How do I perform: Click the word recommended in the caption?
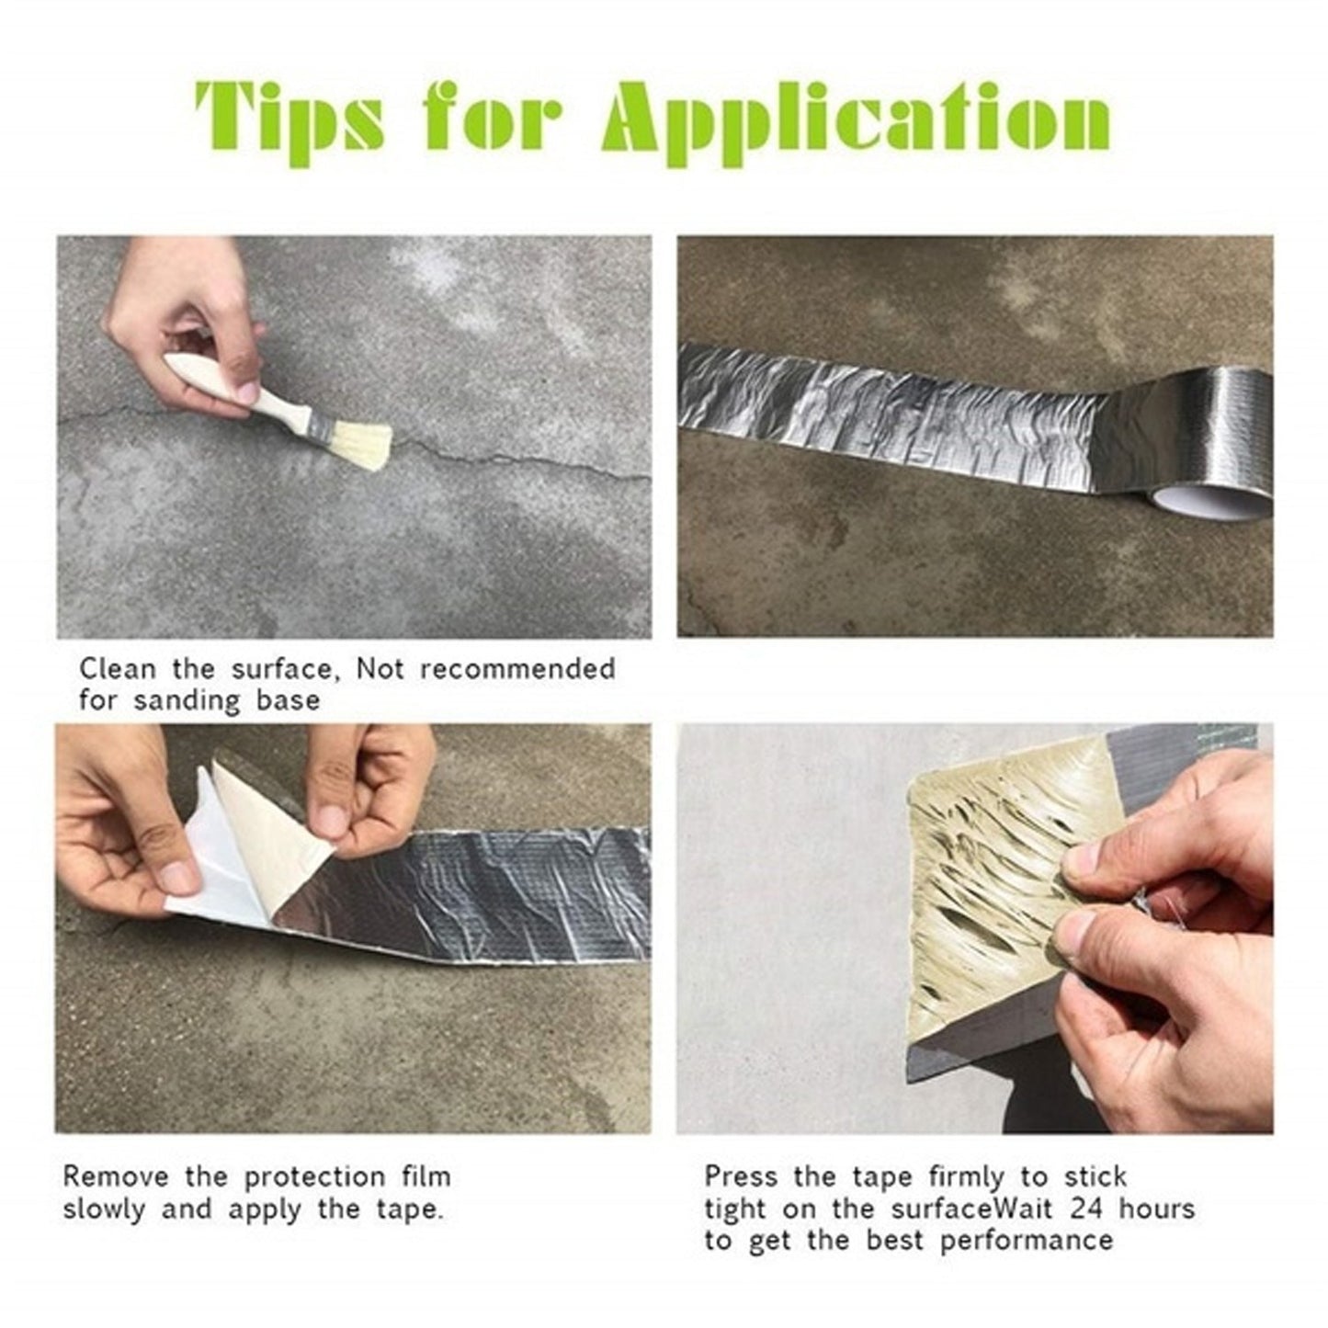(517, 668)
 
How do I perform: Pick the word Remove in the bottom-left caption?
(116, 1176)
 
